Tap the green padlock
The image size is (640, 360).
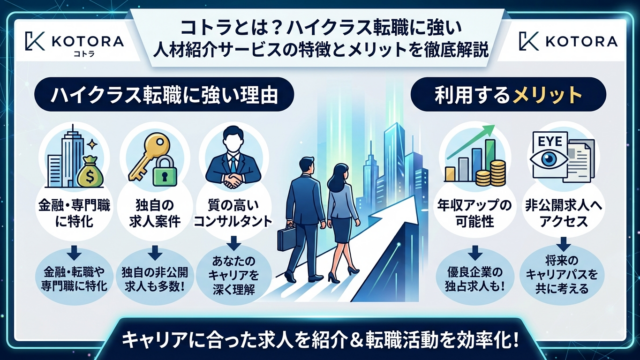(165, 171)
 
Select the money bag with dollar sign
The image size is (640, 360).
(90, 172)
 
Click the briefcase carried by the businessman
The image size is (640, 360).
(286, 238)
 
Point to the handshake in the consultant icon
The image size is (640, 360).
(232, 180)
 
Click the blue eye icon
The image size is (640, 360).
(548, 159)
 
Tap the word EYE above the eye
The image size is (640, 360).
(550, 141)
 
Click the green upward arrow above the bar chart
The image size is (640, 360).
(470, 142)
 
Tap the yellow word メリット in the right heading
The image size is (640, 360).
(547, 95)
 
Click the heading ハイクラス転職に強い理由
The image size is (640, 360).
(164, 95)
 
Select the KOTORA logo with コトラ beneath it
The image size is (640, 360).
(74, 43)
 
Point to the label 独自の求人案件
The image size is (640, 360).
(155, 213)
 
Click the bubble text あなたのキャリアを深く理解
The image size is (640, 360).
(233, 276)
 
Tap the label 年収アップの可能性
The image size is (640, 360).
(475, 213)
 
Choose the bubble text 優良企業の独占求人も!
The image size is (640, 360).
(475, 279)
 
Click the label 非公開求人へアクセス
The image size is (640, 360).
(563, 213)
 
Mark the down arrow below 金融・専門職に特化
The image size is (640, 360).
(74, 253)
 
